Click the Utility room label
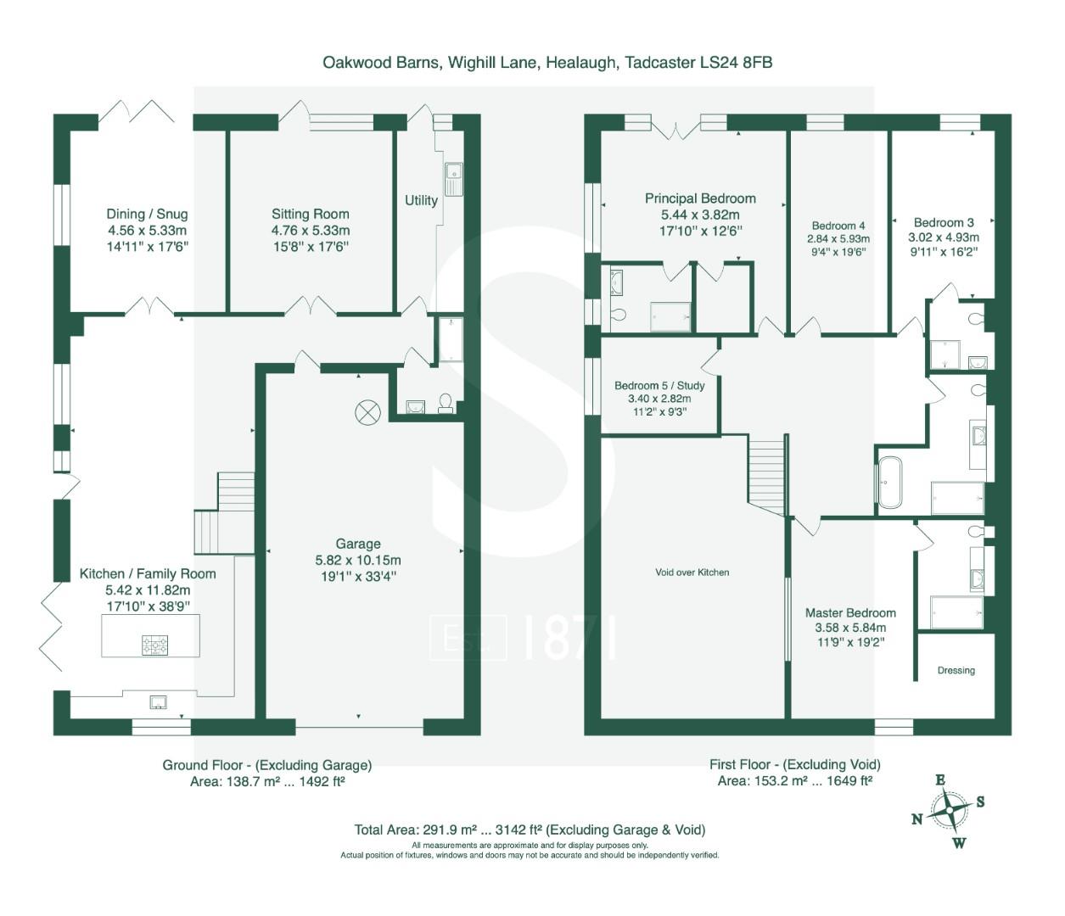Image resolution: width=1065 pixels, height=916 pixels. pyautogui.click(x=421, y=200)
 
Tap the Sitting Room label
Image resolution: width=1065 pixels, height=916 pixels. pyautogui.click(x=311, y=214)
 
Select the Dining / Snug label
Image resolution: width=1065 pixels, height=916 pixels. pyautogui.click(x=147, y=214)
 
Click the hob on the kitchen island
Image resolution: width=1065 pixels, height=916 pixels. pyautogui.click(x=155, y=645)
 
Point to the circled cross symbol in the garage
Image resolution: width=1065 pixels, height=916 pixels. pyautogui.click(x=368, y=412)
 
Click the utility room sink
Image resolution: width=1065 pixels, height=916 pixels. pyautogui.click(x=454, y=179)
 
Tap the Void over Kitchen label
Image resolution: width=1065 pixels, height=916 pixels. pyautogui.click(x=692, y=572)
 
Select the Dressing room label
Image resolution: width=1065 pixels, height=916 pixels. pyautogui.click(x=956, y=670)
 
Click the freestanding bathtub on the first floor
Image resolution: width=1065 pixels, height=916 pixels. pyautogui.click(x=890, y=483)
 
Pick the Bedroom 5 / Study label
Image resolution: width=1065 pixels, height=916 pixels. pyautogui.click(x=659, y=386)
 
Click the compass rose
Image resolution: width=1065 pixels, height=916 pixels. pyautogui.click(x=949, y=812)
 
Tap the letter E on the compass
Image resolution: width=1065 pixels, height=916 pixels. pyautogui.click(x=940, y=780)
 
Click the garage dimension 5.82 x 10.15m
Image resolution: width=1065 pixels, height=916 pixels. pyautogui.click(x=358, y=561)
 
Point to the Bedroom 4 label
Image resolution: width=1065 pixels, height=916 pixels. pyautogui.click(x=838, y=226)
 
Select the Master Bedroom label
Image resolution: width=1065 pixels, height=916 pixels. pyautogui.click(x=850, y=612)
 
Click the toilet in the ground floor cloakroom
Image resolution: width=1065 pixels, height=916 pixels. pyautogui.click(x=446, y=403)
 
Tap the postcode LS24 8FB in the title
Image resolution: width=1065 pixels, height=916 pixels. pyautogui.click(x=736, y=62)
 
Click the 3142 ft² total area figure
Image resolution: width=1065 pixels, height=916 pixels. pyautogui.click(x=518, y=829)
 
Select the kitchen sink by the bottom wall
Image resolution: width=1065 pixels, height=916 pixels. pyautogui.click(x=158, y=701)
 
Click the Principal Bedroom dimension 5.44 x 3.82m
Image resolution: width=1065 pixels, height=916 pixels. pyautogui.click(x=700, y=215)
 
